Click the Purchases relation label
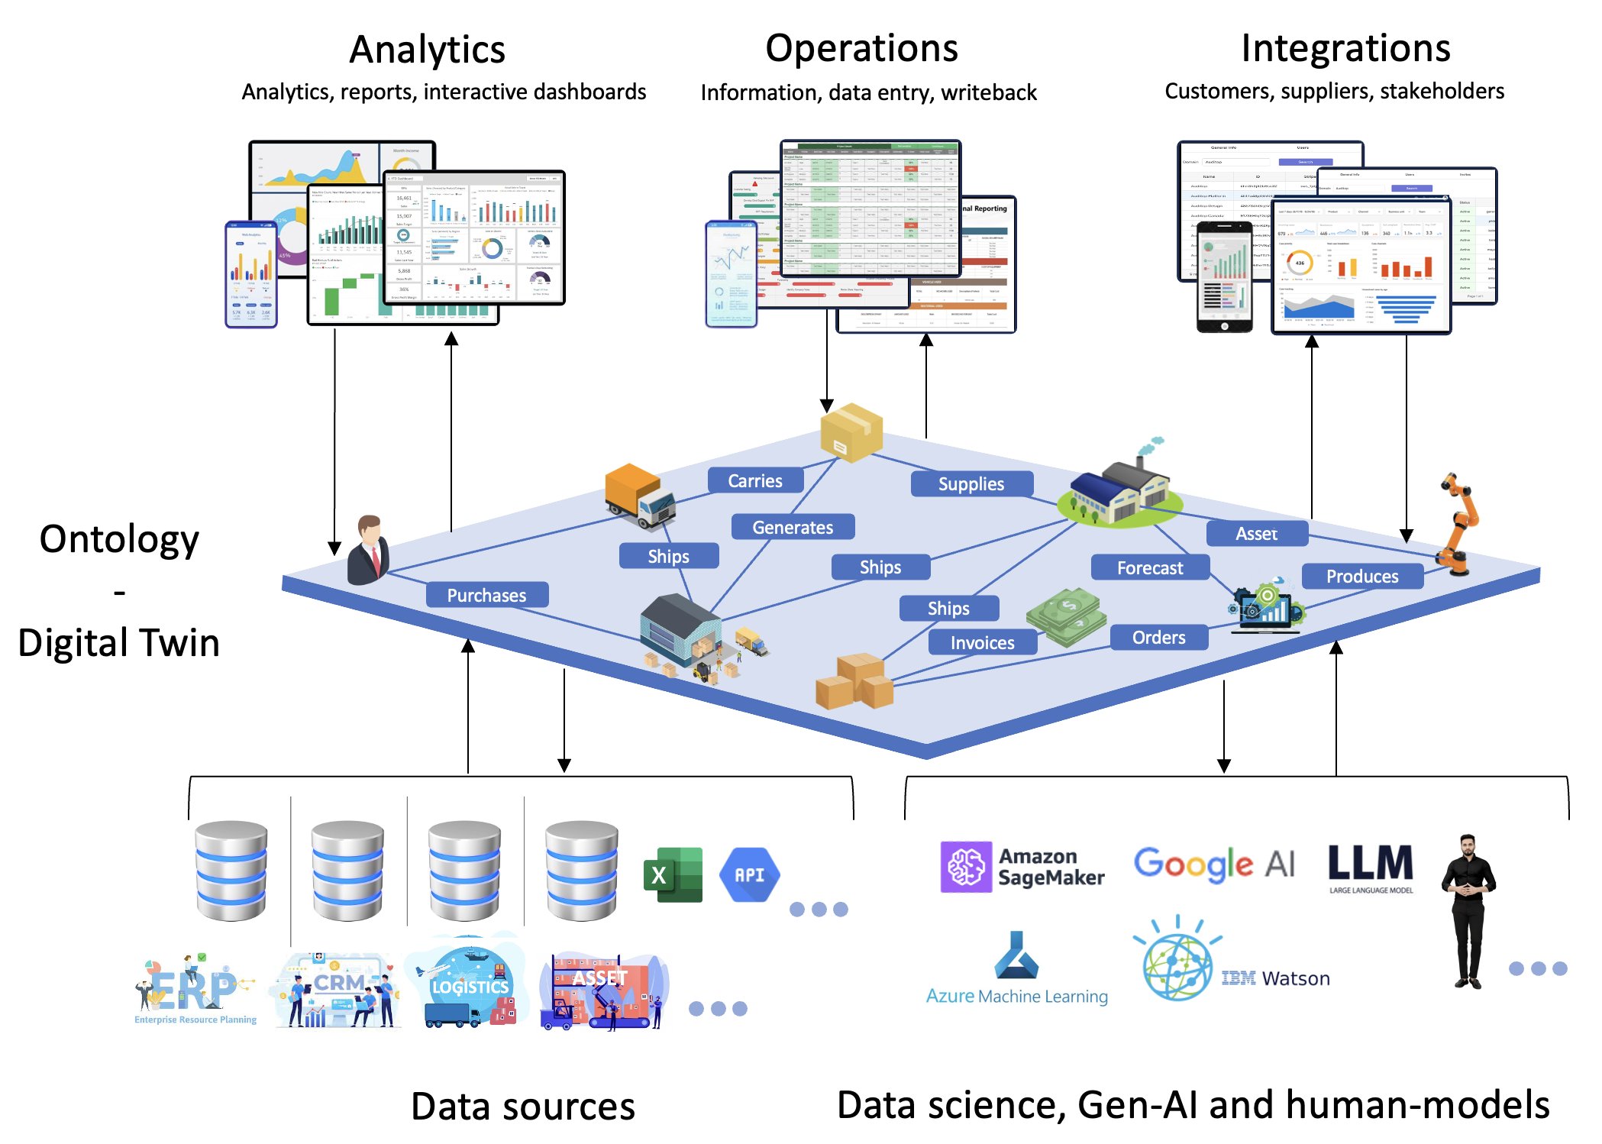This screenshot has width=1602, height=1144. coord(486,595)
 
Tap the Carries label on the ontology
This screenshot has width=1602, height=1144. coord(754,480)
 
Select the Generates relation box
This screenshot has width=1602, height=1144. coord(792,527)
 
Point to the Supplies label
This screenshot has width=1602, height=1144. coord(971,483)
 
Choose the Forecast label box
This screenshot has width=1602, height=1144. coord(1149,567)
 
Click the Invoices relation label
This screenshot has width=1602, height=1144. coord(982,642)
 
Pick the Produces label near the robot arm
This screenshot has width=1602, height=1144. coord(1361,576)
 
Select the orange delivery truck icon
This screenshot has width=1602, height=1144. coord(639,495)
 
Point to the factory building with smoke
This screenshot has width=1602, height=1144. coord(1119,490)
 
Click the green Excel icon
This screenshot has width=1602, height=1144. coord(672,874)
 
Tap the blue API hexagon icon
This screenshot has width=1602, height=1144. coord(749,874)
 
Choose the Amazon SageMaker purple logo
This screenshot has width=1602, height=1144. coord(966,867)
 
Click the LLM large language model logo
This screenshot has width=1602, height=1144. coord(1370,867)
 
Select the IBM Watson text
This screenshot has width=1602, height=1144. coord(1275,978)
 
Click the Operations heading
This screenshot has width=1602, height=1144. coord(861,48)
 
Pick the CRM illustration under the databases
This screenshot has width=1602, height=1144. coord(337,990)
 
